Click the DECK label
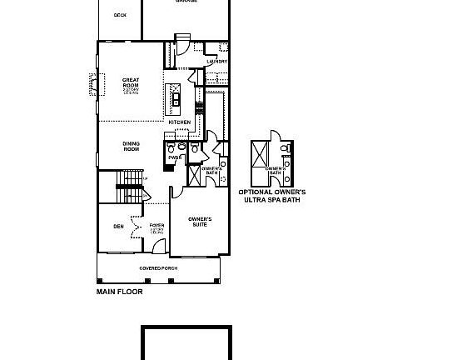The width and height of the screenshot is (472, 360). click(x=119, y=15)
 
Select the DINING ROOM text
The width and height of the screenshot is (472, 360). click(x=131, y=147)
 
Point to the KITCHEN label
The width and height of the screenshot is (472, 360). click(x=180, y=122)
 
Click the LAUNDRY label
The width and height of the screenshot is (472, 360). click(x=216, y=62)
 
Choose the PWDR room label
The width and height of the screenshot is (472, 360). click(x=175, y=157)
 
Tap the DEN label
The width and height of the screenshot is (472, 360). click(x=118, y=226)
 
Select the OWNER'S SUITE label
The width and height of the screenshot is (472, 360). click(x=200, y=222)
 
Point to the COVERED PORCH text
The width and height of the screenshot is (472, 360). click(x=158, y=268)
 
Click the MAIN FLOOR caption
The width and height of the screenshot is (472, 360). click(x=119, y=292)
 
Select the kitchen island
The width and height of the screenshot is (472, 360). click(x=176, y=99)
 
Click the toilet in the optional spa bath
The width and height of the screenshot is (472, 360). click(x=285, y=148)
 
